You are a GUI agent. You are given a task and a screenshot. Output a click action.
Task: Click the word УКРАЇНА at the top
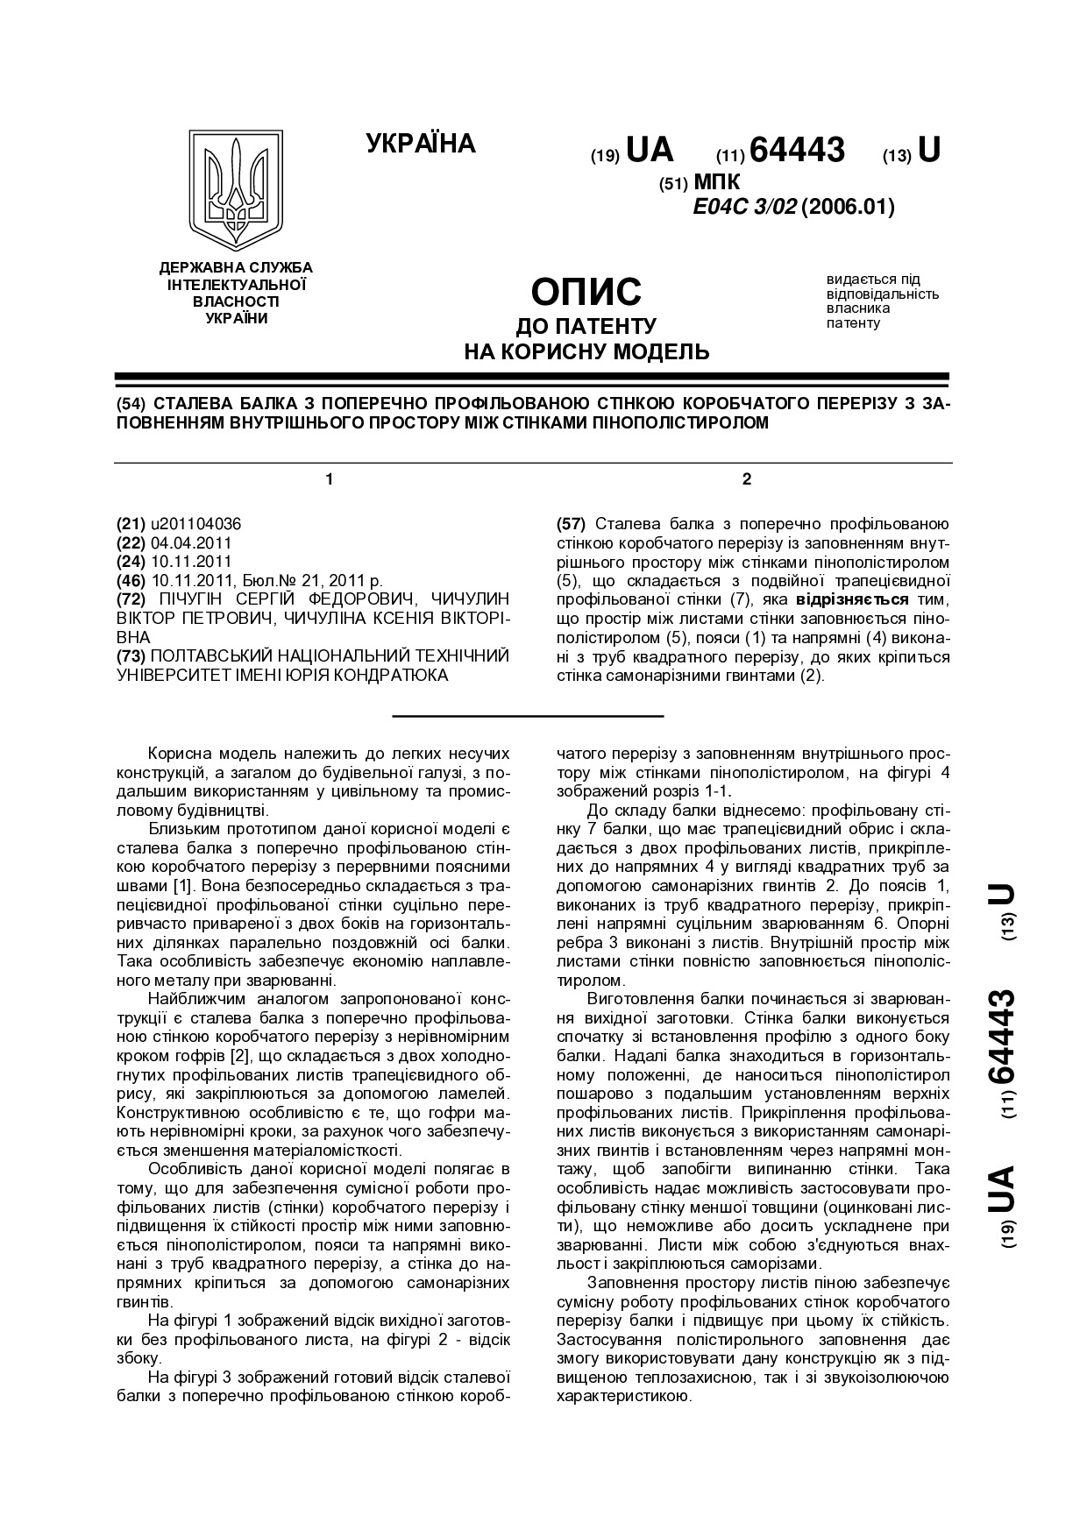click(421, 144)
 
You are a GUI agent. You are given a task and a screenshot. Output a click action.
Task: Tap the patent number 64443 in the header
click(798, 151)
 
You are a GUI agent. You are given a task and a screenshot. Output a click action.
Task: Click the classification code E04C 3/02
click(744, 208)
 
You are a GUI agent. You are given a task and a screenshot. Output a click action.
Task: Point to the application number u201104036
click(196, 524)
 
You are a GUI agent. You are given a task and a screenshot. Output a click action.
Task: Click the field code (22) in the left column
click(131, 543)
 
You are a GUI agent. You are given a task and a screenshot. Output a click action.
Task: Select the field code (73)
click(131, 656)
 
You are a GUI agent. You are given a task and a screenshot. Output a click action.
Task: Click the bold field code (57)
click(572, 524)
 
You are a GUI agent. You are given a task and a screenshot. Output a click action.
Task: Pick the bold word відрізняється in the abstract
click(851, 600)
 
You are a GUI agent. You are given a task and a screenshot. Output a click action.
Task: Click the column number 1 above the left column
click(330, 479)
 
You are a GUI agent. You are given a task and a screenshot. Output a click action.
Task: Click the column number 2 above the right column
click(747, 479)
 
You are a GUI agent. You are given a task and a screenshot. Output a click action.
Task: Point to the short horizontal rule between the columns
click(528, 717)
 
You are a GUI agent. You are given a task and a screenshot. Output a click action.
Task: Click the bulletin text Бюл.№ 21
click(282, 581)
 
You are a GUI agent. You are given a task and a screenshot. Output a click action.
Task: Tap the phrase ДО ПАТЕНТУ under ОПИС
click(586, 327)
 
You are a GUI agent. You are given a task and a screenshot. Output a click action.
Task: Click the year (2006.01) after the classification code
click(848, 208)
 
